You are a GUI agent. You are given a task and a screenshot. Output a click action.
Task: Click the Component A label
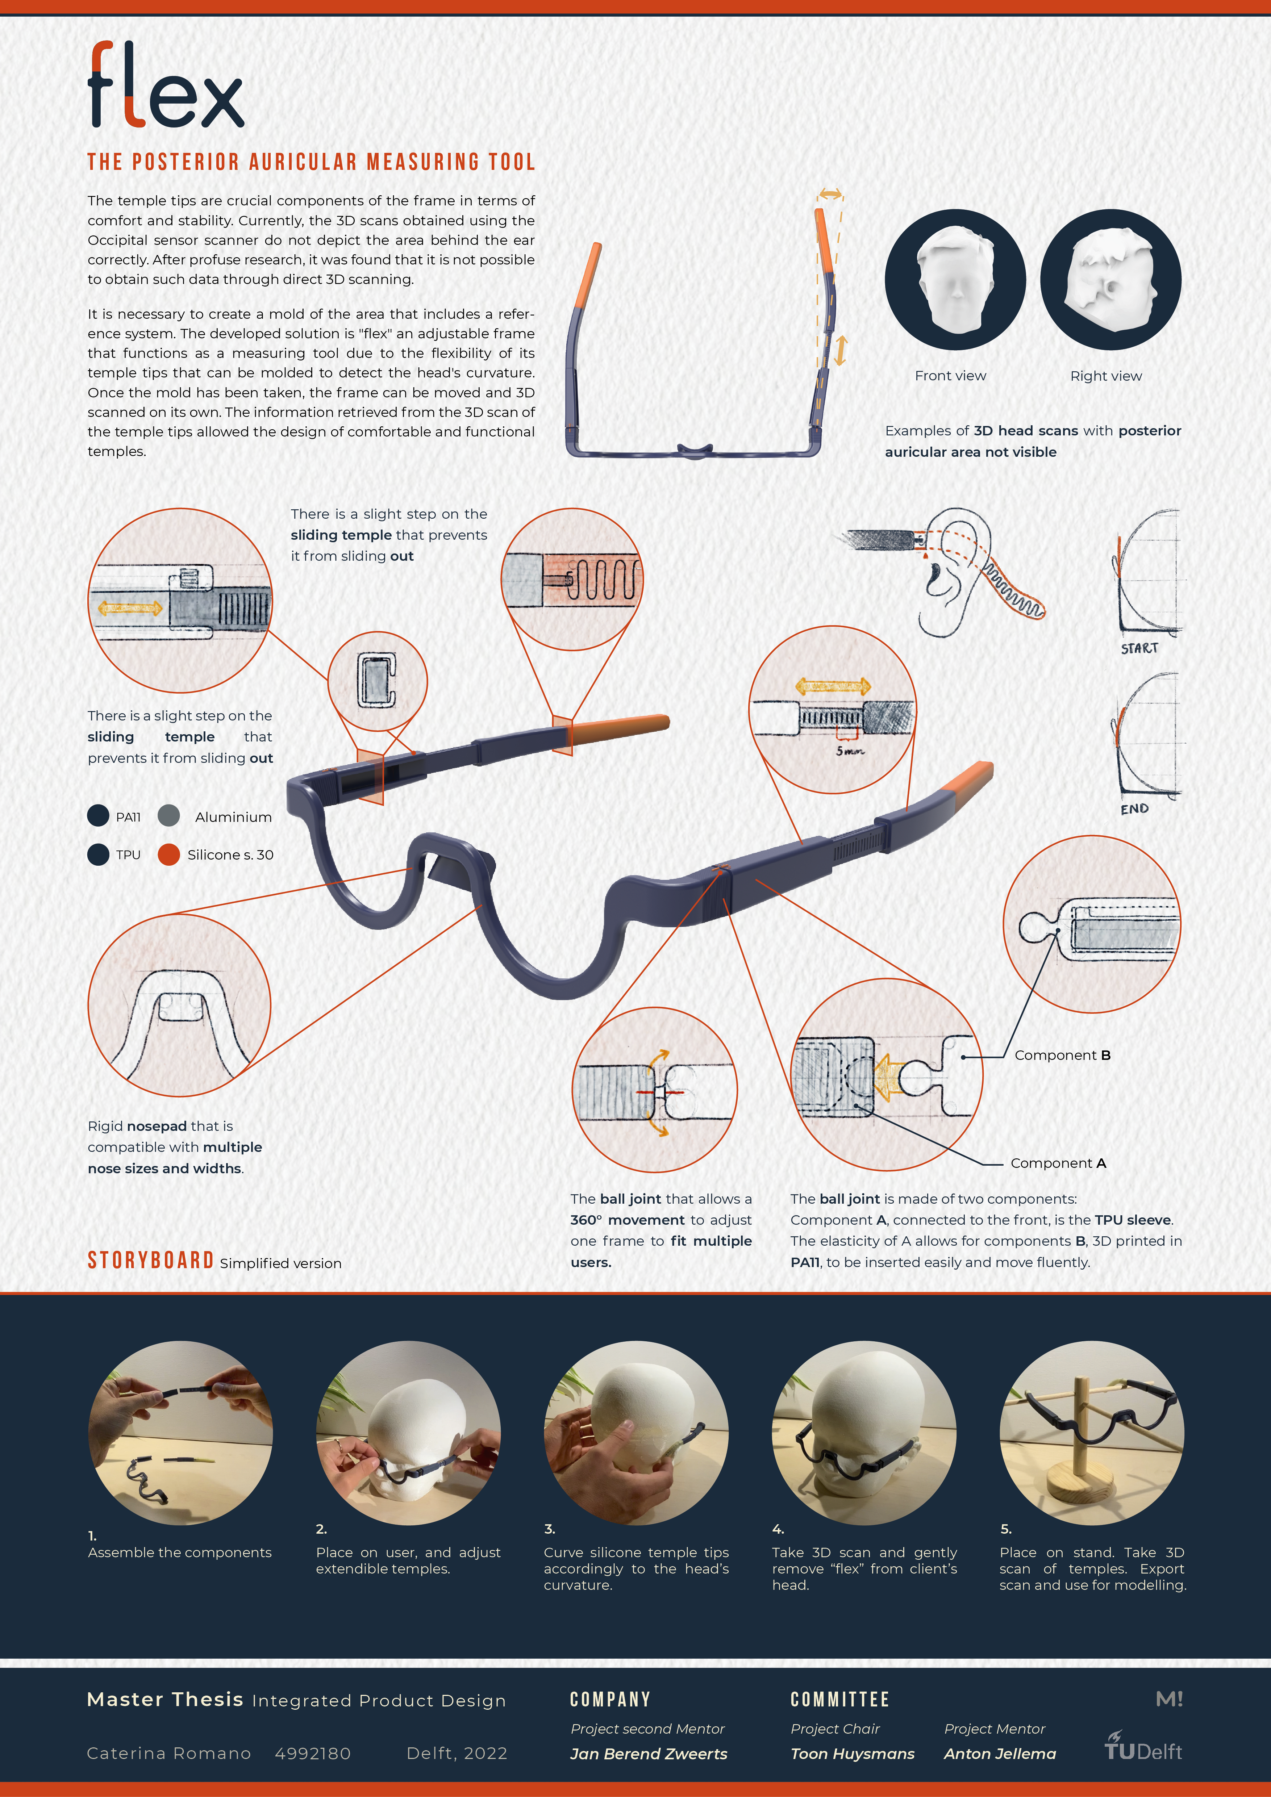[1058, 1163]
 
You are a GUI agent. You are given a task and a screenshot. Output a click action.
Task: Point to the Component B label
[1062, 1055]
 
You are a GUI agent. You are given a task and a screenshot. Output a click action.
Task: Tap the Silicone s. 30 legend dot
[169, 855]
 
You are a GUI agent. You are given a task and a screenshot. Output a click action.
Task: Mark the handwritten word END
[1134, 808]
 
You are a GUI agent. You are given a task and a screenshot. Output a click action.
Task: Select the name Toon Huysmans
[852, 1754]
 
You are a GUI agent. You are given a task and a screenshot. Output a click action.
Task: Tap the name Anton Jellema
[999, 1754]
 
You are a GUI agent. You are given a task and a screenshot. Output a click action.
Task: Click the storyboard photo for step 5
[1092, 1433]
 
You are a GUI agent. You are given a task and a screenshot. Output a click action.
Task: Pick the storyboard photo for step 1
[180, 1433]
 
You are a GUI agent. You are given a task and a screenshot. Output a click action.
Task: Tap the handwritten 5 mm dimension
[850, 751]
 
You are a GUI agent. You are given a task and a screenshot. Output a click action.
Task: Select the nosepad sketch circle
[179, 1005]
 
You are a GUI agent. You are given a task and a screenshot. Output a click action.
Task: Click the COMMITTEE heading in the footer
[840, 1699]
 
